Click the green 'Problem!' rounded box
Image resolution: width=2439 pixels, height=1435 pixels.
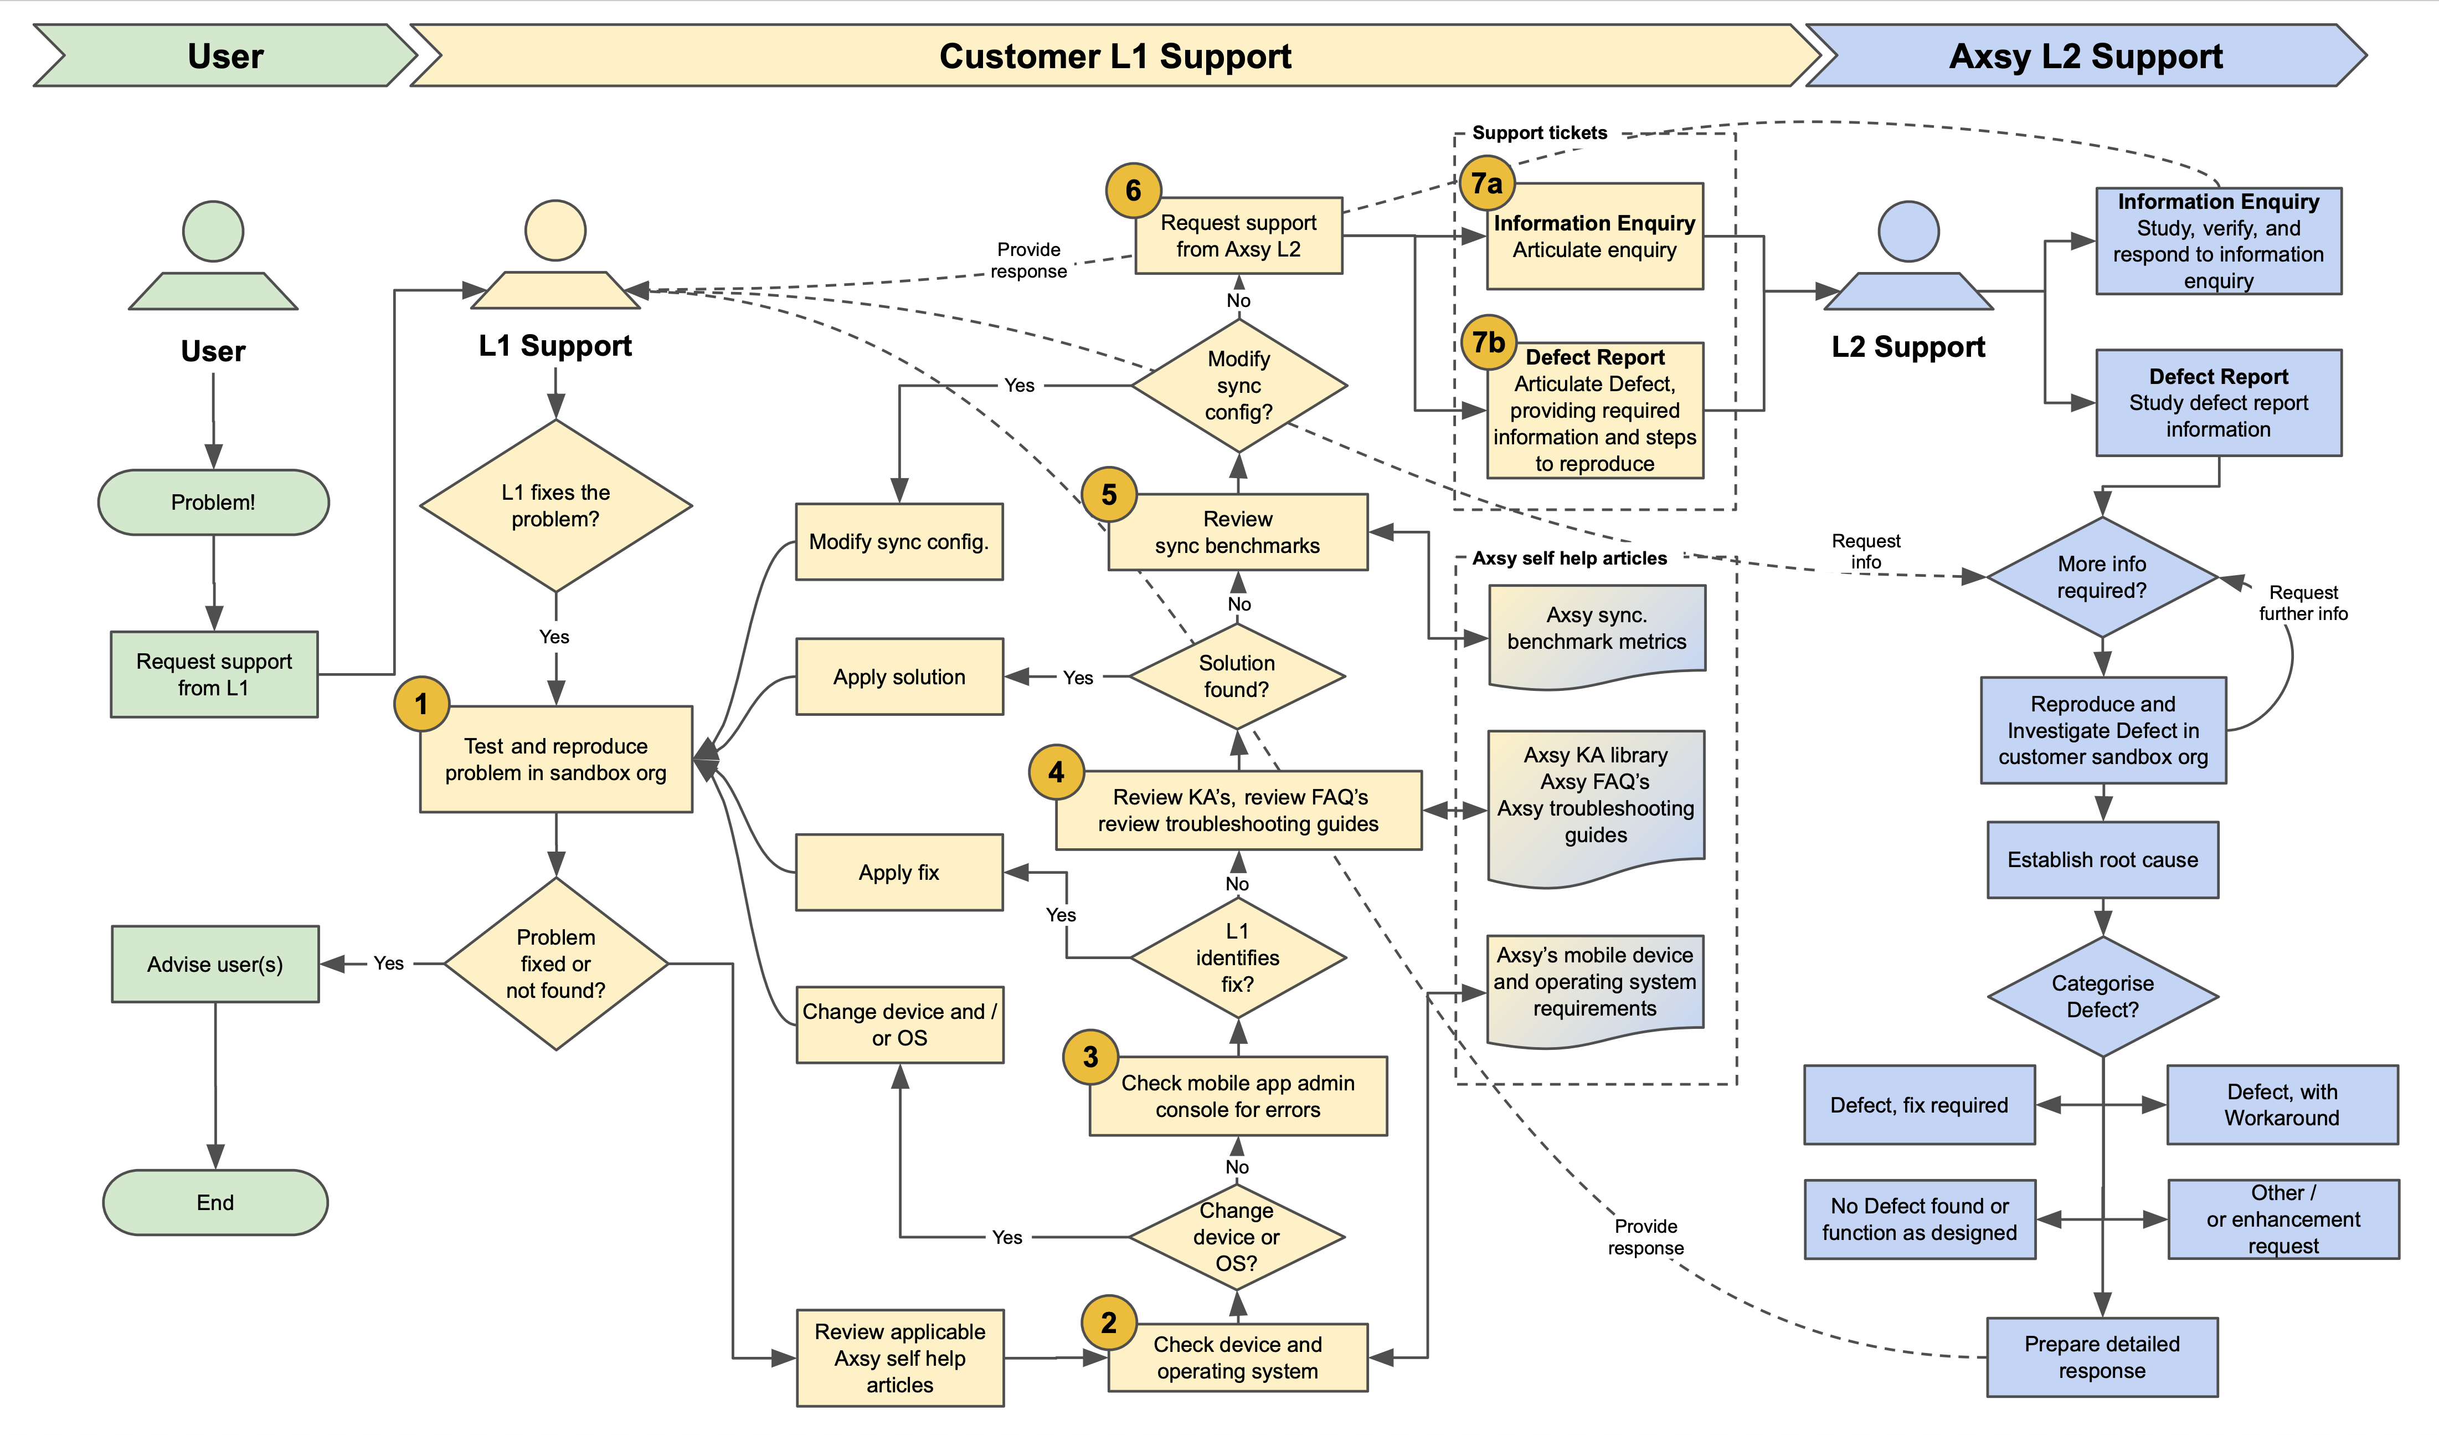point(213,503)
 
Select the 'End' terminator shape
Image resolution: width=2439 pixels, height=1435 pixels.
point(215,1203)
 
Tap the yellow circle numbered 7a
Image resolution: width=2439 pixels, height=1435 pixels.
point(1486,183)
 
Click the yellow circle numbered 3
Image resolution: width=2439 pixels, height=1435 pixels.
point(1091,1057)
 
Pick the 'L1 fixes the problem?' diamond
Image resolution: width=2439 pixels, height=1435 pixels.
point(555,505)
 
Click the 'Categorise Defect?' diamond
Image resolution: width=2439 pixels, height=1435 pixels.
point(2102,996)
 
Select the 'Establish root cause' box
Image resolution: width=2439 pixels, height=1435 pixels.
point(2102,860)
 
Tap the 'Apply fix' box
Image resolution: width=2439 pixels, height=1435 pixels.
point(899,873)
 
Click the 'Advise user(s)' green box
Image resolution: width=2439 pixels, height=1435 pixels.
point(215,965)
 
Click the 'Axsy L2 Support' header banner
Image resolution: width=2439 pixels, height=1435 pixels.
point(2086,56)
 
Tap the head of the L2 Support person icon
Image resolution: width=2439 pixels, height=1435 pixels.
point(1908,232)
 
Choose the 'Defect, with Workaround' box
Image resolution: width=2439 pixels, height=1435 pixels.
point(2281,1105)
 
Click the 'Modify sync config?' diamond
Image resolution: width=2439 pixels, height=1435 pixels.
point(1239,386)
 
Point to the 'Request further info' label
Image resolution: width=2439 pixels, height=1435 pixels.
point(2303,602)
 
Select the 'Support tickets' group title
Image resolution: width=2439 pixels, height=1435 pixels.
point(1539,132)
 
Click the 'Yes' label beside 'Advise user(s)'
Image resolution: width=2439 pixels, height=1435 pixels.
point(388,963)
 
